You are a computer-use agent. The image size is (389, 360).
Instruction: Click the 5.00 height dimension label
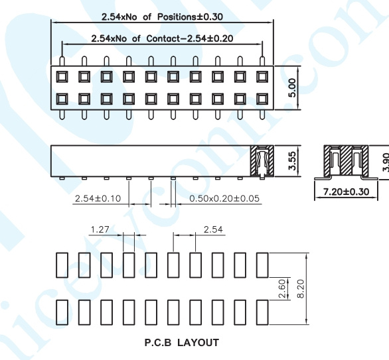click(x=293, y=88)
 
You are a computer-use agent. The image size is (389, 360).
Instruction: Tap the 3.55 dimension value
click(x=293, y=161)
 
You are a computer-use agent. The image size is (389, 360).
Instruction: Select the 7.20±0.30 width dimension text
click(x=346, y=192)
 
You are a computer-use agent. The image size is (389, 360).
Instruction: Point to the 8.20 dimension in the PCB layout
click(x=301, y=289)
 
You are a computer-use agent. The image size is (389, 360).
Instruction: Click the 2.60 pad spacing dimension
click(x=283, y=289)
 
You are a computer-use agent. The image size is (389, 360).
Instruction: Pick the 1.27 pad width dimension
click(x=100, y=229)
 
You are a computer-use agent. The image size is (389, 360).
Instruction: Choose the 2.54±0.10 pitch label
click(x=98, y=198)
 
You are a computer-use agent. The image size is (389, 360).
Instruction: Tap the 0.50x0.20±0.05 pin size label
click(x=224, y=198)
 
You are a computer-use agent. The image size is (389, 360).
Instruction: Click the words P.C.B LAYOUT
click(x=182, y=343)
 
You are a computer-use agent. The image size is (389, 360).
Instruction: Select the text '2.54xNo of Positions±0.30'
click(x=162, y=17)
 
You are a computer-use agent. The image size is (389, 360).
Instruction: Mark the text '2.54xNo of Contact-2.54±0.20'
click(x=162, y=38)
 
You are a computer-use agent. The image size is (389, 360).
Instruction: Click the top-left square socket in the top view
click(x=62, y=77)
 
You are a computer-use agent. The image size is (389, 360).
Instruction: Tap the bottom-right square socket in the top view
click(x=262, y=99)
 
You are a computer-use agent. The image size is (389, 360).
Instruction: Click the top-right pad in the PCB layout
click(x=262, y=265)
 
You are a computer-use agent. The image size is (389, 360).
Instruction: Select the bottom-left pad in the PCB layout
click(x=62, y=312)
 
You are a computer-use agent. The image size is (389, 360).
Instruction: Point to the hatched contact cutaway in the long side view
click(x=262, y=161)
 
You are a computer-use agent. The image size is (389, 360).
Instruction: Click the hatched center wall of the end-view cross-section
click(x=346, y=160)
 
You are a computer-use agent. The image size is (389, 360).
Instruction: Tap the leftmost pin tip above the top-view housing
click(x=62, y=58)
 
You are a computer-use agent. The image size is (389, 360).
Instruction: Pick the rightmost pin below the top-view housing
click(x=262, y=115)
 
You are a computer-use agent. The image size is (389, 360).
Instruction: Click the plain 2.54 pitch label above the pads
click(x=213, y=229)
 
